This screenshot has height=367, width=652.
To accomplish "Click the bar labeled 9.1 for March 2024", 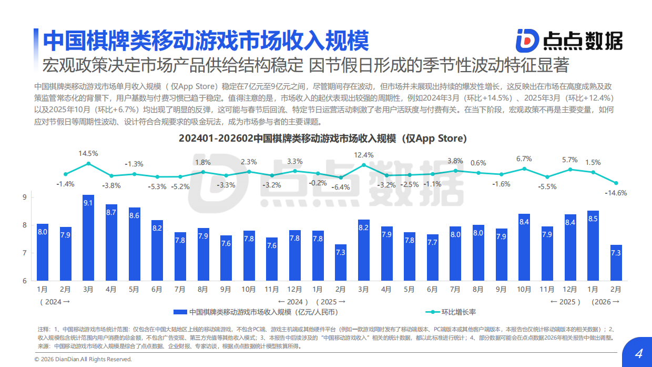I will click(88, 238).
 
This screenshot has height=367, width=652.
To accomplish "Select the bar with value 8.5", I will click(593, 246).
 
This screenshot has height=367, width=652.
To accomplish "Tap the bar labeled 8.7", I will click(111, 243).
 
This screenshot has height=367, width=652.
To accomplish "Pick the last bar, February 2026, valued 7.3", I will click(616, 263).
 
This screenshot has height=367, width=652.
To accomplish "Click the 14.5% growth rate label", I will click(88, 153).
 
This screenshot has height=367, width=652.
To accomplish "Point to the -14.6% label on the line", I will click(616, 193).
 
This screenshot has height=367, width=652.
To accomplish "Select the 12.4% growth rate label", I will click(364, 155).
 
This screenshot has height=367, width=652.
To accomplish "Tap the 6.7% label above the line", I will click(524, 158).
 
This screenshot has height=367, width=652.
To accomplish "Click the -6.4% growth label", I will click(341, 187).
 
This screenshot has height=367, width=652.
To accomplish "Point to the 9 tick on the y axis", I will click(25, 197).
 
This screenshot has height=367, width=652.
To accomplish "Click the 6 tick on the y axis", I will click(25, 281).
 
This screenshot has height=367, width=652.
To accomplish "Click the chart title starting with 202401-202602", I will click(322, 138).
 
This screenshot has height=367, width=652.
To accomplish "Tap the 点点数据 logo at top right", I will click(569, 40).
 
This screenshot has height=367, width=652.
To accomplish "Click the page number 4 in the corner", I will click(639, 353).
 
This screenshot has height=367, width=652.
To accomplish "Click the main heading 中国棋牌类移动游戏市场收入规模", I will click(206, 40).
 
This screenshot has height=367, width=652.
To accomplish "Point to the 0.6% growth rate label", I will click(478, 163).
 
